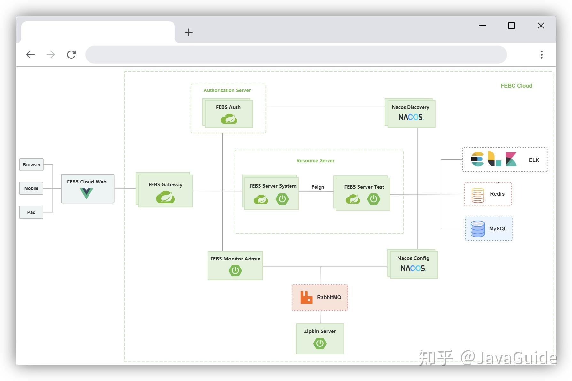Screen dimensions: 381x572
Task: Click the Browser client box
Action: click(x=31, y=165)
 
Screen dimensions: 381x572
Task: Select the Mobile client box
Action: click(x=31, y=188)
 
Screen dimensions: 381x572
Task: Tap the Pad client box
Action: click(x=31, y=212)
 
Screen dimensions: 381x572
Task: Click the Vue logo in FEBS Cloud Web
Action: click(x=86, y=193)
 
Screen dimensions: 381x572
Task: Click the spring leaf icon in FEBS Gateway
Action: click(x=165, y=197)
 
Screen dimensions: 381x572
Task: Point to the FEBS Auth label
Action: click(x=228, y=107)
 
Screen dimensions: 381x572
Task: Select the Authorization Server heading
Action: click(x=227, y=90)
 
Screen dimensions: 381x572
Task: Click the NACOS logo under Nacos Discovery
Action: click(x=411, y=117)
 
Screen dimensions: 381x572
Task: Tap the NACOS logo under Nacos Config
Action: click(x=413, y=268)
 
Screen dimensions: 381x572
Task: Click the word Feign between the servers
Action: click(x=318, y=187)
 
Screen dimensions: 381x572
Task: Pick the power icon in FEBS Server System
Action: click(x=282, y=199)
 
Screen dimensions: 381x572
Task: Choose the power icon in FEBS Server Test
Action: click(x=373, y=199)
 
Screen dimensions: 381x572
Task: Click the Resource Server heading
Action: click(x=315, y=161)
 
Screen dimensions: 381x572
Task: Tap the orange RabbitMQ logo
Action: click(x=306, y=297)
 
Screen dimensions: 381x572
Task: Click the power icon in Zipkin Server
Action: click(x=320, y=344)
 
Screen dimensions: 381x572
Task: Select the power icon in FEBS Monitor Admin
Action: click(x=235, y=271)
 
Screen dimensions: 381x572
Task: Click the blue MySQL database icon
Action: click(x=477, y=229)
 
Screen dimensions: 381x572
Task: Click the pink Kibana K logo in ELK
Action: click(x=511, y=159)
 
